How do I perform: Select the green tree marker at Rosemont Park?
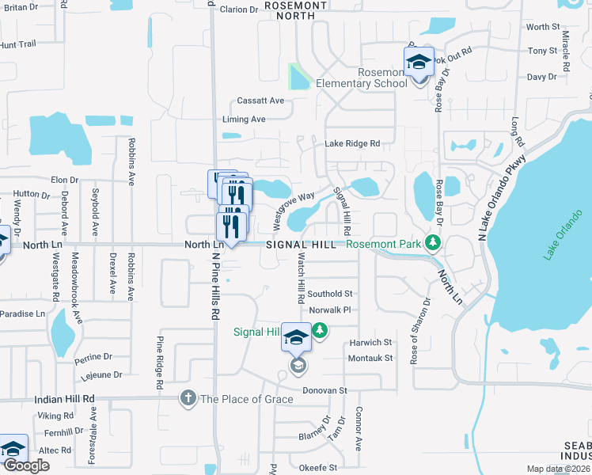click(x=432, y=241)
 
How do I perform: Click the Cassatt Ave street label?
click(x=260, y=101)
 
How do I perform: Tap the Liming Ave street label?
click(x=244, y=120)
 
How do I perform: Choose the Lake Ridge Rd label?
click(x=352, y=144)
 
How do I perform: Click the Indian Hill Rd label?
click(x=64, y=399)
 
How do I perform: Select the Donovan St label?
click(x=325, y=390)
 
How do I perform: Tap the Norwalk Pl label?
click(x=329, y=310)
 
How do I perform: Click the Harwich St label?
click(x=370, y=343)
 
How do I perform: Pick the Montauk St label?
click(x=370, y=358)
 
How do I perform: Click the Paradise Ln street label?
click(x=22, y=313)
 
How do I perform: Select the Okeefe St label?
click(x=318, y=468)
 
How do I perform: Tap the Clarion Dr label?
click(x=239, y=9)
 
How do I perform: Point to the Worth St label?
click(x=543, y=27)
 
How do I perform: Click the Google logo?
click(x=26, y=465)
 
